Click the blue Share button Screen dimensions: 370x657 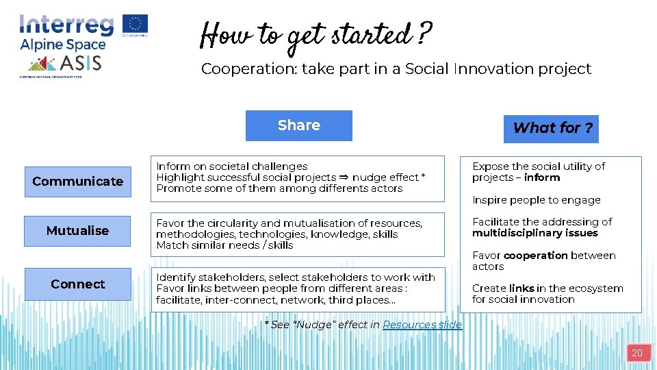click(x=298, y=125)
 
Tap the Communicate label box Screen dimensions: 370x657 click(x=77, y=182)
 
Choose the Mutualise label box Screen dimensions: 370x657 click(x=77, y=231)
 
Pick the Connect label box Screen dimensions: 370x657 click(x=77, y=284)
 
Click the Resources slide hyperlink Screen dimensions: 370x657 click(x=422, y=325)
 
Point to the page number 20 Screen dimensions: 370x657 click(x=636, y=354)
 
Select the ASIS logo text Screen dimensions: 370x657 click(x=81, y=64)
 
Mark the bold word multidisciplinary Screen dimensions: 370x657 click(x=534, y=233)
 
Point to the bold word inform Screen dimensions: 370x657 click(x=542, y=177)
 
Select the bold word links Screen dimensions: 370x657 click(x=521, y=288)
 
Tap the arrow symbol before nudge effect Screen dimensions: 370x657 click(x=344, y=177)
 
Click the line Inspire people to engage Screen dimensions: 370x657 click(x=536, y=200)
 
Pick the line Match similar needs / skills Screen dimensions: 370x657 click(x=224, y=245)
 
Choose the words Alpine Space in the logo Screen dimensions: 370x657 click(x=63, y=45)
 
